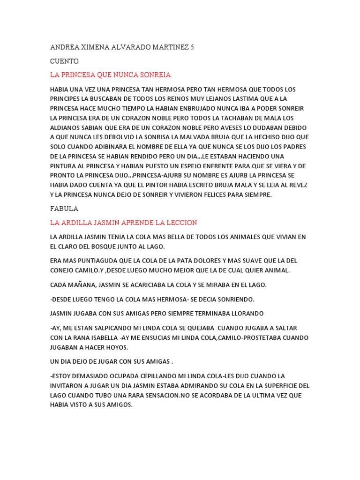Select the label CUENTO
(x=64, y=61)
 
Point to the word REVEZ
(x=297, y=185)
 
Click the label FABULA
(x=64, y=209)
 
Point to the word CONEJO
(x=63, y=270)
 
